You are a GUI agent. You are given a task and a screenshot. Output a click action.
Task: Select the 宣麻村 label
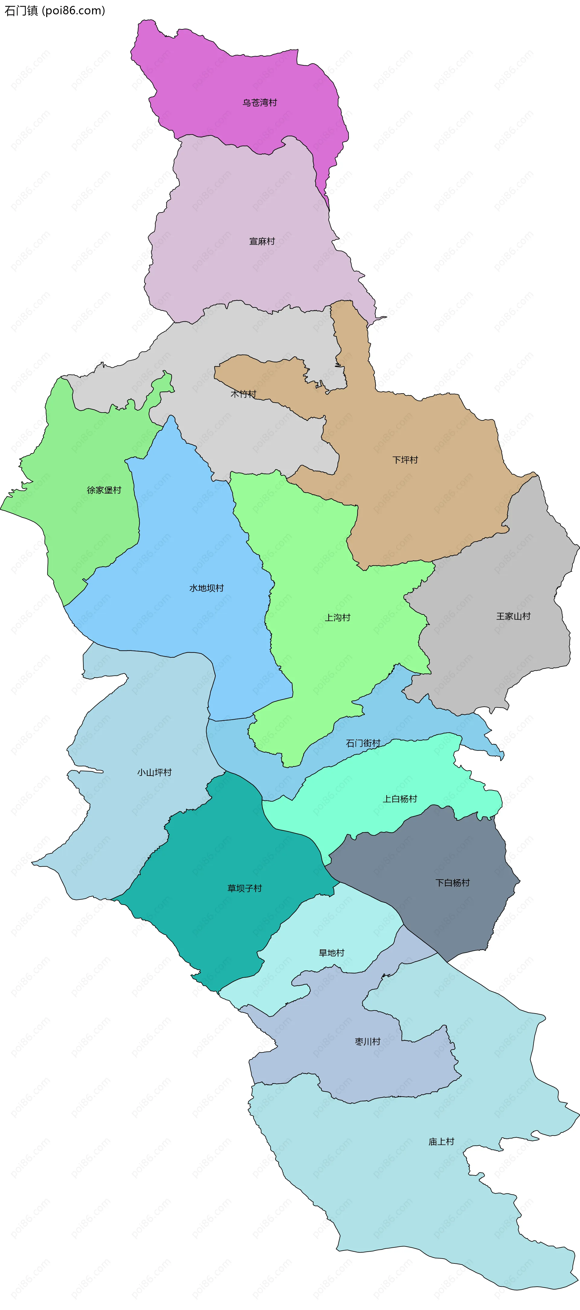(262, 241)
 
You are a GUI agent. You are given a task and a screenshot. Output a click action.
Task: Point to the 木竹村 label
(243, 394)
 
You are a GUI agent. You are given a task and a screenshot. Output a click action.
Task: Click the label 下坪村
(405, 460)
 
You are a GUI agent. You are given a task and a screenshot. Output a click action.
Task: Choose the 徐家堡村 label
(104, 490)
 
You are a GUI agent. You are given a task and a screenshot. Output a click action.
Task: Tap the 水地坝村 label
(206, 588)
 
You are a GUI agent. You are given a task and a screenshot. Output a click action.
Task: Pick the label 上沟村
(337, 617)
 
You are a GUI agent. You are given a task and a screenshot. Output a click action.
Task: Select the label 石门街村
(363, 743)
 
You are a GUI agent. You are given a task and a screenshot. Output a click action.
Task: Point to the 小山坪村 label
(154, 773)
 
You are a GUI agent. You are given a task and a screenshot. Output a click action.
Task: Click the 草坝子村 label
(244, 888)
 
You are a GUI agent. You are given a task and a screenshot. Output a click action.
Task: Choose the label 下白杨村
(453, 883)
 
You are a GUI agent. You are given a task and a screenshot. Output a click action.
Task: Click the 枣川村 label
(368, 1042)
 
